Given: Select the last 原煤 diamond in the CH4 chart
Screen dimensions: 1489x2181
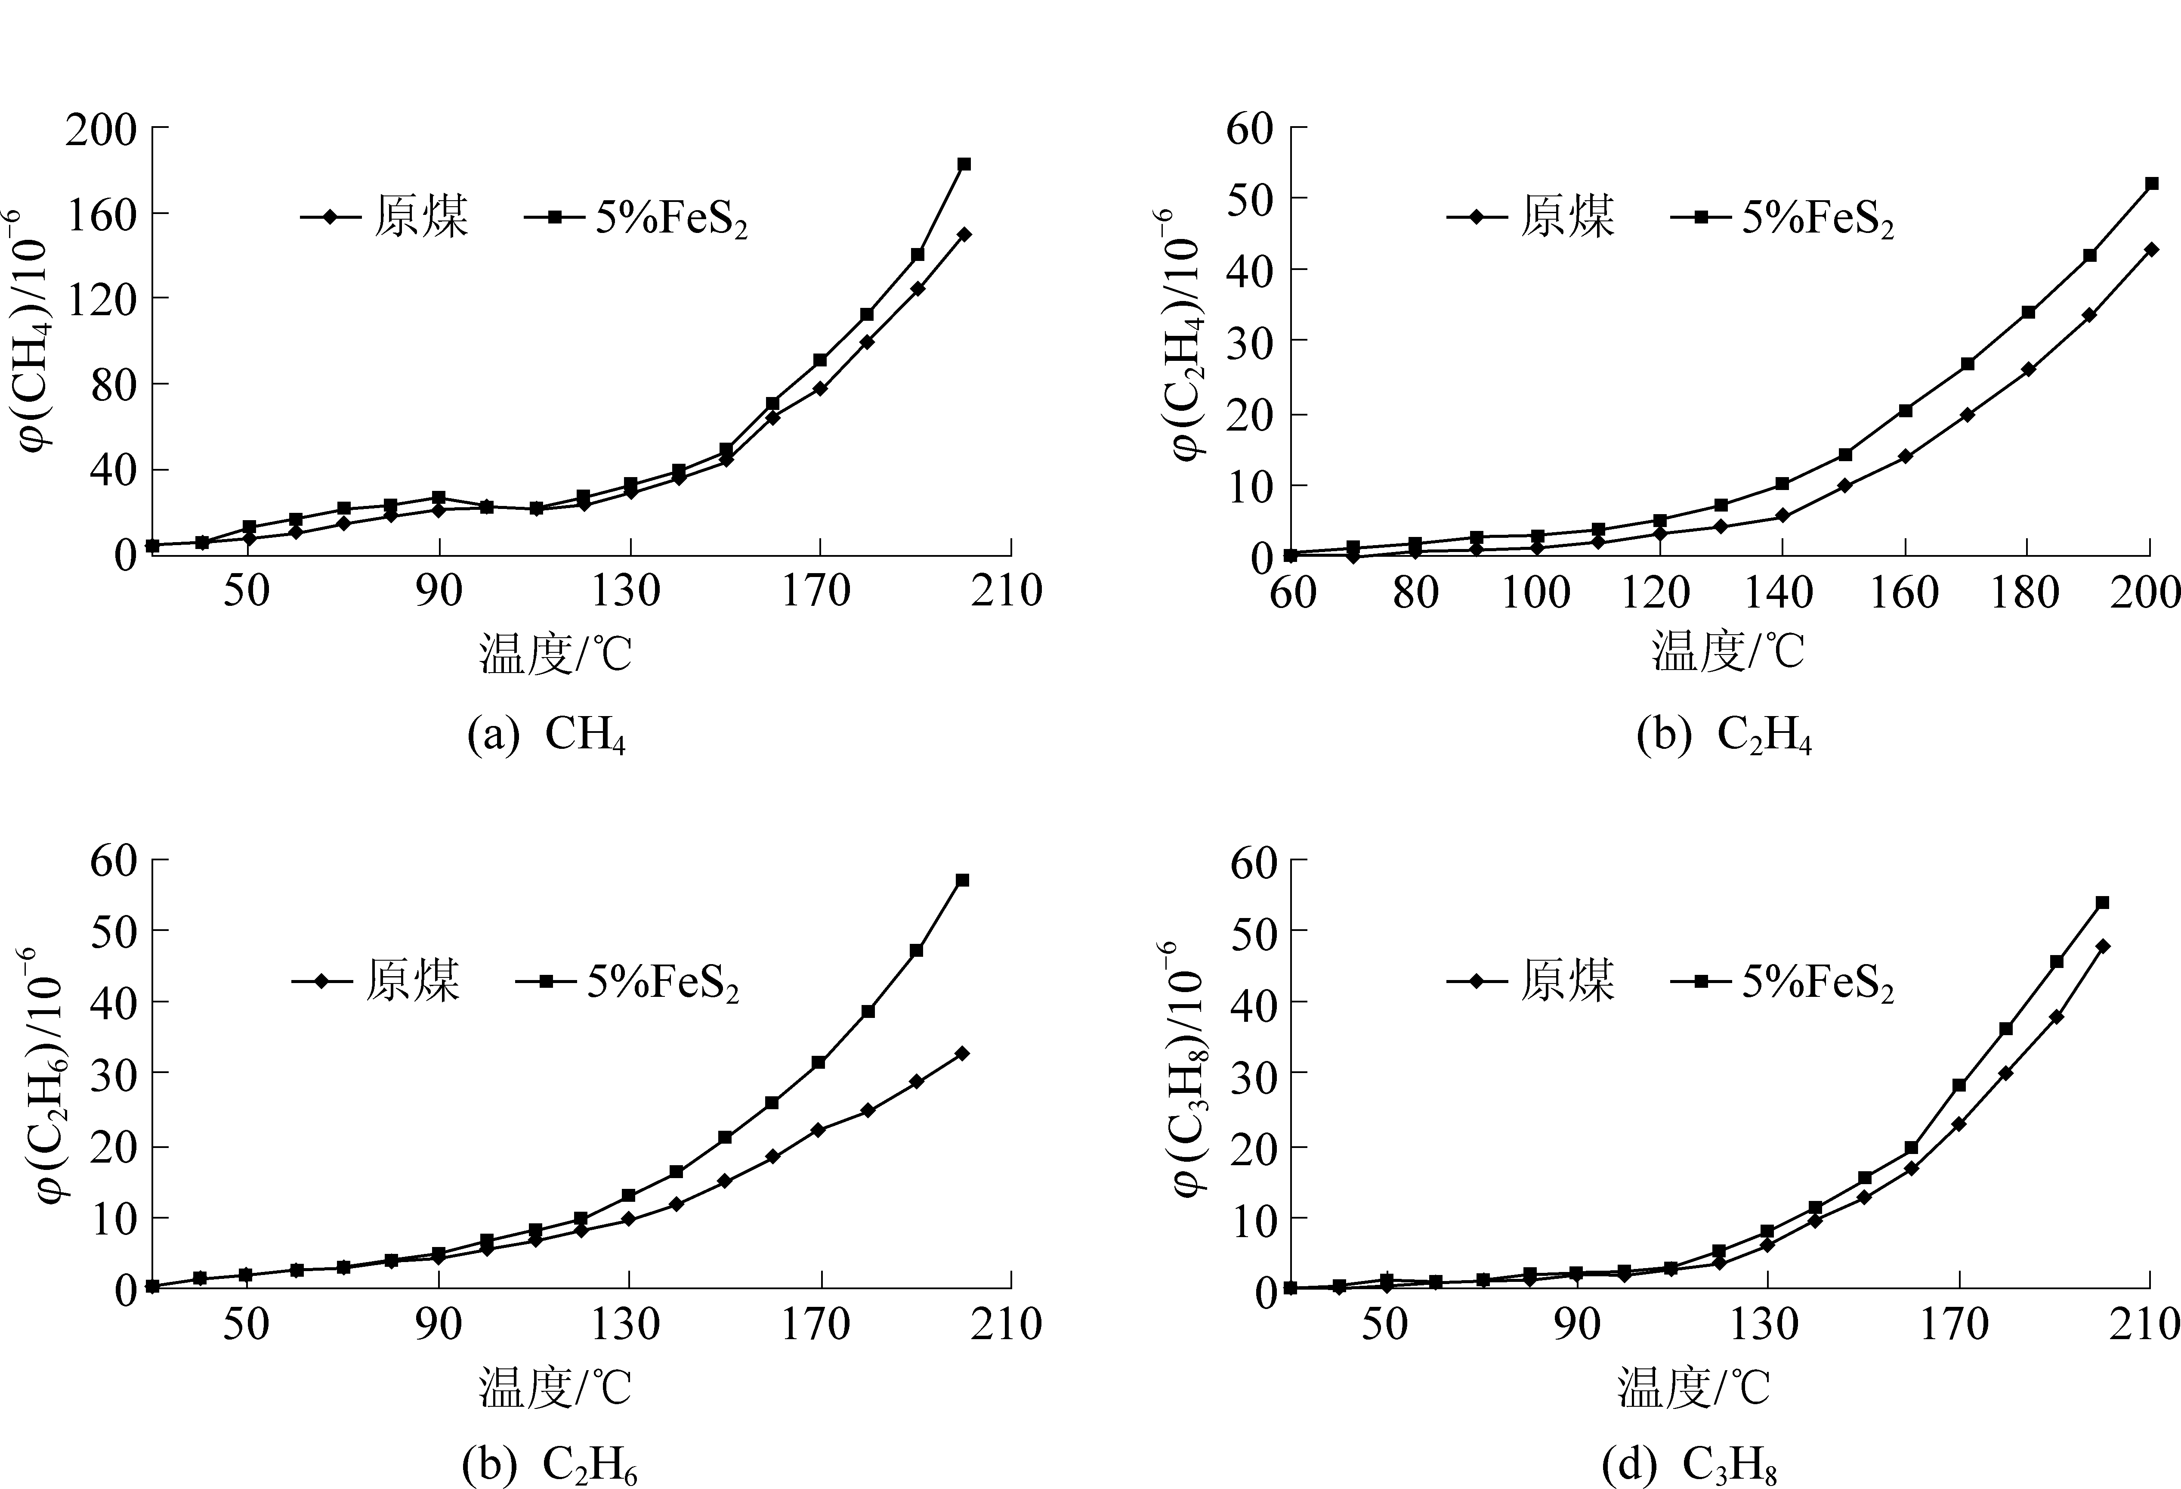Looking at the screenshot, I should tap(964, 234).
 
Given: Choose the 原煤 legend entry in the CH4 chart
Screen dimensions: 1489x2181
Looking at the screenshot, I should tap(385, 217).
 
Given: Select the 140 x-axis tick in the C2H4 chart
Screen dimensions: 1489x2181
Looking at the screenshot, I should tap(1781, 592).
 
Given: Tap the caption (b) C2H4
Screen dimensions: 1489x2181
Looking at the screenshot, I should tap(1724, 734).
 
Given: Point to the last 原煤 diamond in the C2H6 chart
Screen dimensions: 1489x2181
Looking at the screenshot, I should tap(962, 1053).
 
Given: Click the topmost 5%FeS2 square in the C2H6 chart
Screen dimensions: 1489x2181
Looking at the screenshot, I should tap(962, 881).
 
